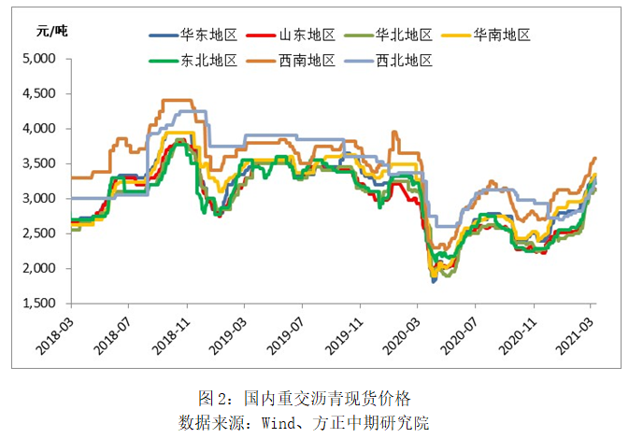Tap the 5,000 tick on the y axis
coord(39,59)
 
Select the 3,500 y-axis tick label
coord(39,163)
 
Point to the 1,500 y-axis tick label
coord(39,304)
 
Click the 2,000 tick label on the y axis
coord(39,269)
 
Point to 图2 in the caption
coord(214,398)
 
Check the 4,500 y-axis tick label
coord(39,94)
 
